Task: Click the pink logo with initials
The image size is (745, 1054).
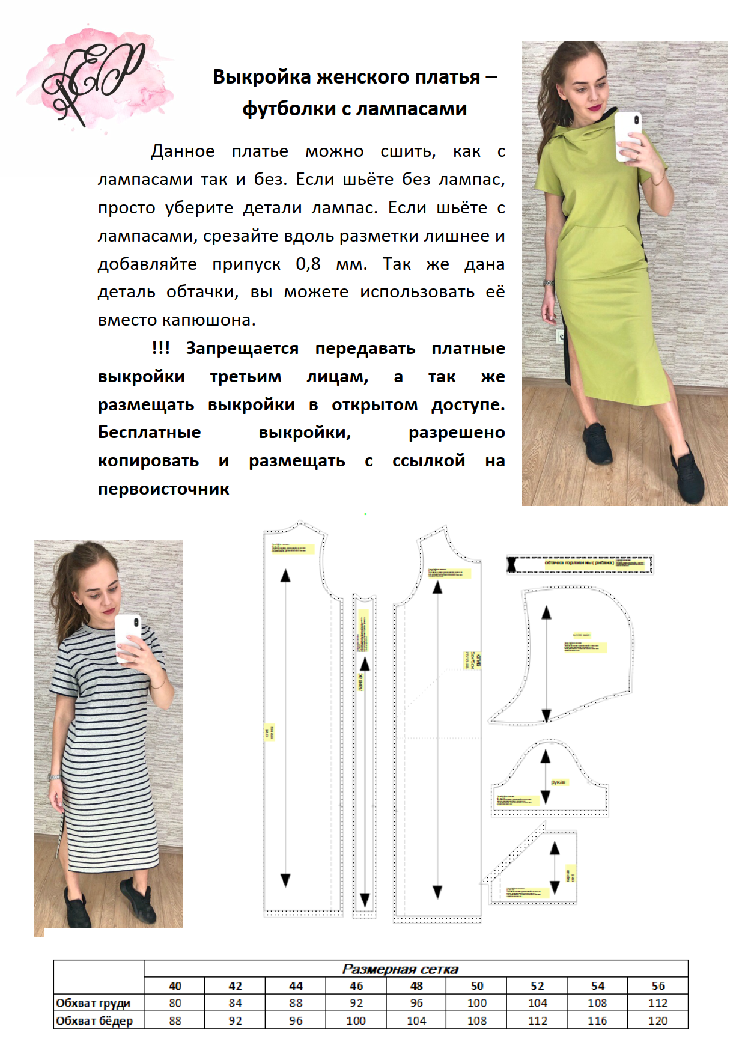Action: tap(96, 78)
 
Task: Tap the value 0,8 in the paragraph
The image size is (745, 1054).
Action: tap(308, 264)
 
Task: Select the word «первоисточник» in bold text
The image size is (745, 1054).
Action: tap(163, 489)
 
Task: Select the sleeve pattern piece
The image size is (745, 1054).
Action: tap(550, 781)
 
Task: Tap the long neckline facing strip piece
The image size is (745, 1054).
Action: tap(580, 564)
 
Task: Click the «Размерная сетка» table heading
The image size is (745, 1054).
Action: tap(400, 969)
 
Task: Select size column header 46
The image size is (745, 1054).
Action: tap(356, 986)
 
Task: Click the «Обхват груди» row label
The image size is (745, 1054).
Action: tap(93, 1003)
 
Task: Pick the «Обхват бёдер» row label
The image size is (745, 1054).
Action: tap(94, 1020)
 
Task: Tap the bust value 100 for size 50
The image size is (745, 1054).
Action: tap(477, 1003)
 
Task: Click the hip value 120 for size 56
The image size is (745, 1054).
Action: tap(658, 1020)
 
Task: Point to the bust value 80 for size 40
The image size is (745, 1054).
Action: tap(175, 1003)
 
